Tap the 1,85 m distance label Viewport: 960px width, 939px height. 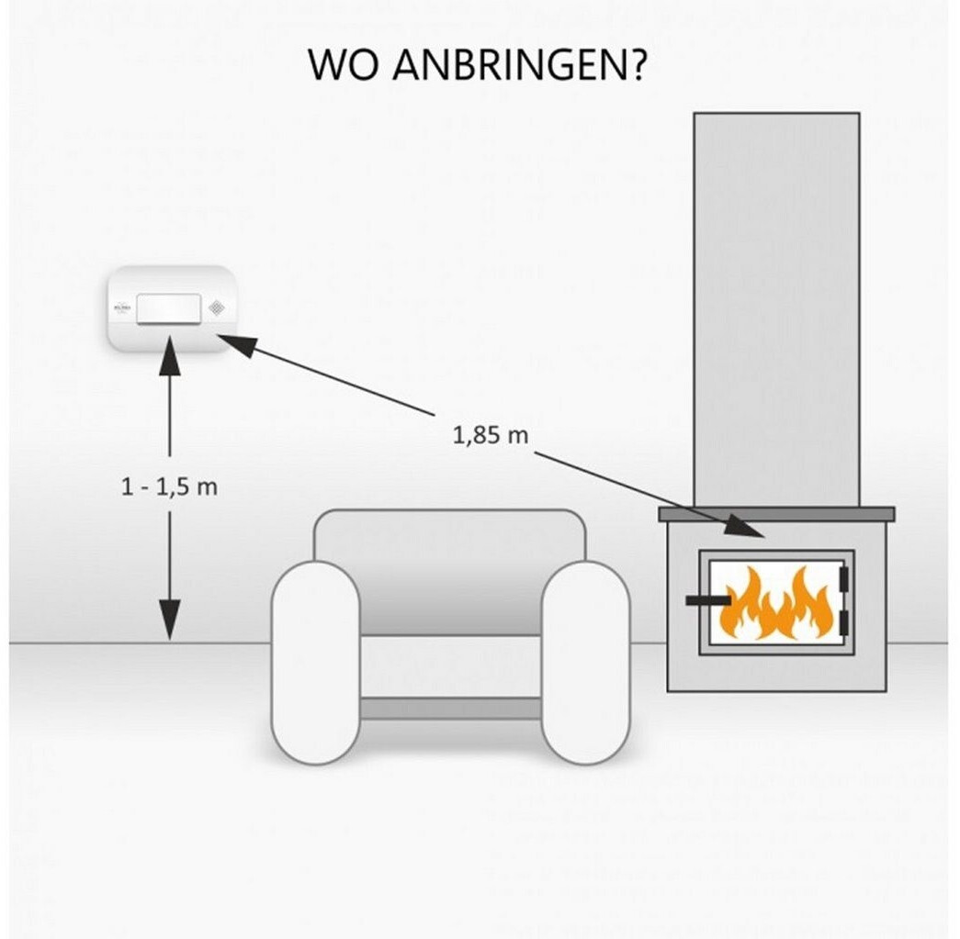coord(491,435)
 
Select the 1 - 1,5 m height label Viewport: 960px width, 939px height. coord(169,486)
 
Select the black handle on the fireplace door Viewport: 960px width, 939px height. coord(707,601)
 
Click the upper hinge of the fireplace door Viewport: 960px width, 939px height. coord(844,579)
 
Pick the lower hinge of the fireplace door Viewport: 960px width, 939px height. coord(844,621)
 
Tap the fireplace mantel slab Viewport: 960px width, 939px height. coord(776,514)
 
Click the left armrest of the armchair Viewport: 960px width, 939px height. coord(315,661)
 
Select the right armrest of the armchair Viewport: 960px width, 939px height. coord(585,661)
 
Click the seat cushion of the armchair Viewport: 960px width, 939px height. coord(450,665)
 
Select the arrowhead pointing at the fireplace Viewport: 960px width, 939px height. coord(746,527)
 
